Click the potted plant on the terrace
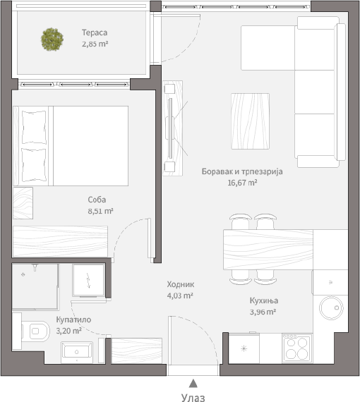point(52,39)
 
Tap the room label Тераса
point(95,32)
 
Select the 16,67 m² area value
point(242,183)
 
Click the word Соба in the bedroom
point(97,200)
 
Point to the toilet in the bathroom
point(36,331)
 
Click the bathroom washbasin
point(77,352)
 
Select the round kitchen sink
point(331,308)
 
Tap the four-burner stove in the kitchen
point(297,348)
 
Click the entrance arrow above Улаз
point(193,383)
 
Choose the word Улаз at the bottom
point(193,397)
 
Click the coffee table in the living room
point(250,121)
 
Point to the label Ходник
point(181,284)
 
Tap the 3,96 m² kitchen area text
point(263,312)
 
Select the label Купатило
point(73,319)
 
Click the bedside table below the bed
point(23,203)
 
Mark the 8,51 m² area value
point(100,211)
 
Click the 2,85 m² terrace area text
point(95,44)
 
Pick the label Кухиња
point(264,300)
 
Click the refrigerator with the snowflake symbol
point(244,348)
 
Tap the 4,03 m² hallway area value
point(180,296)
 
